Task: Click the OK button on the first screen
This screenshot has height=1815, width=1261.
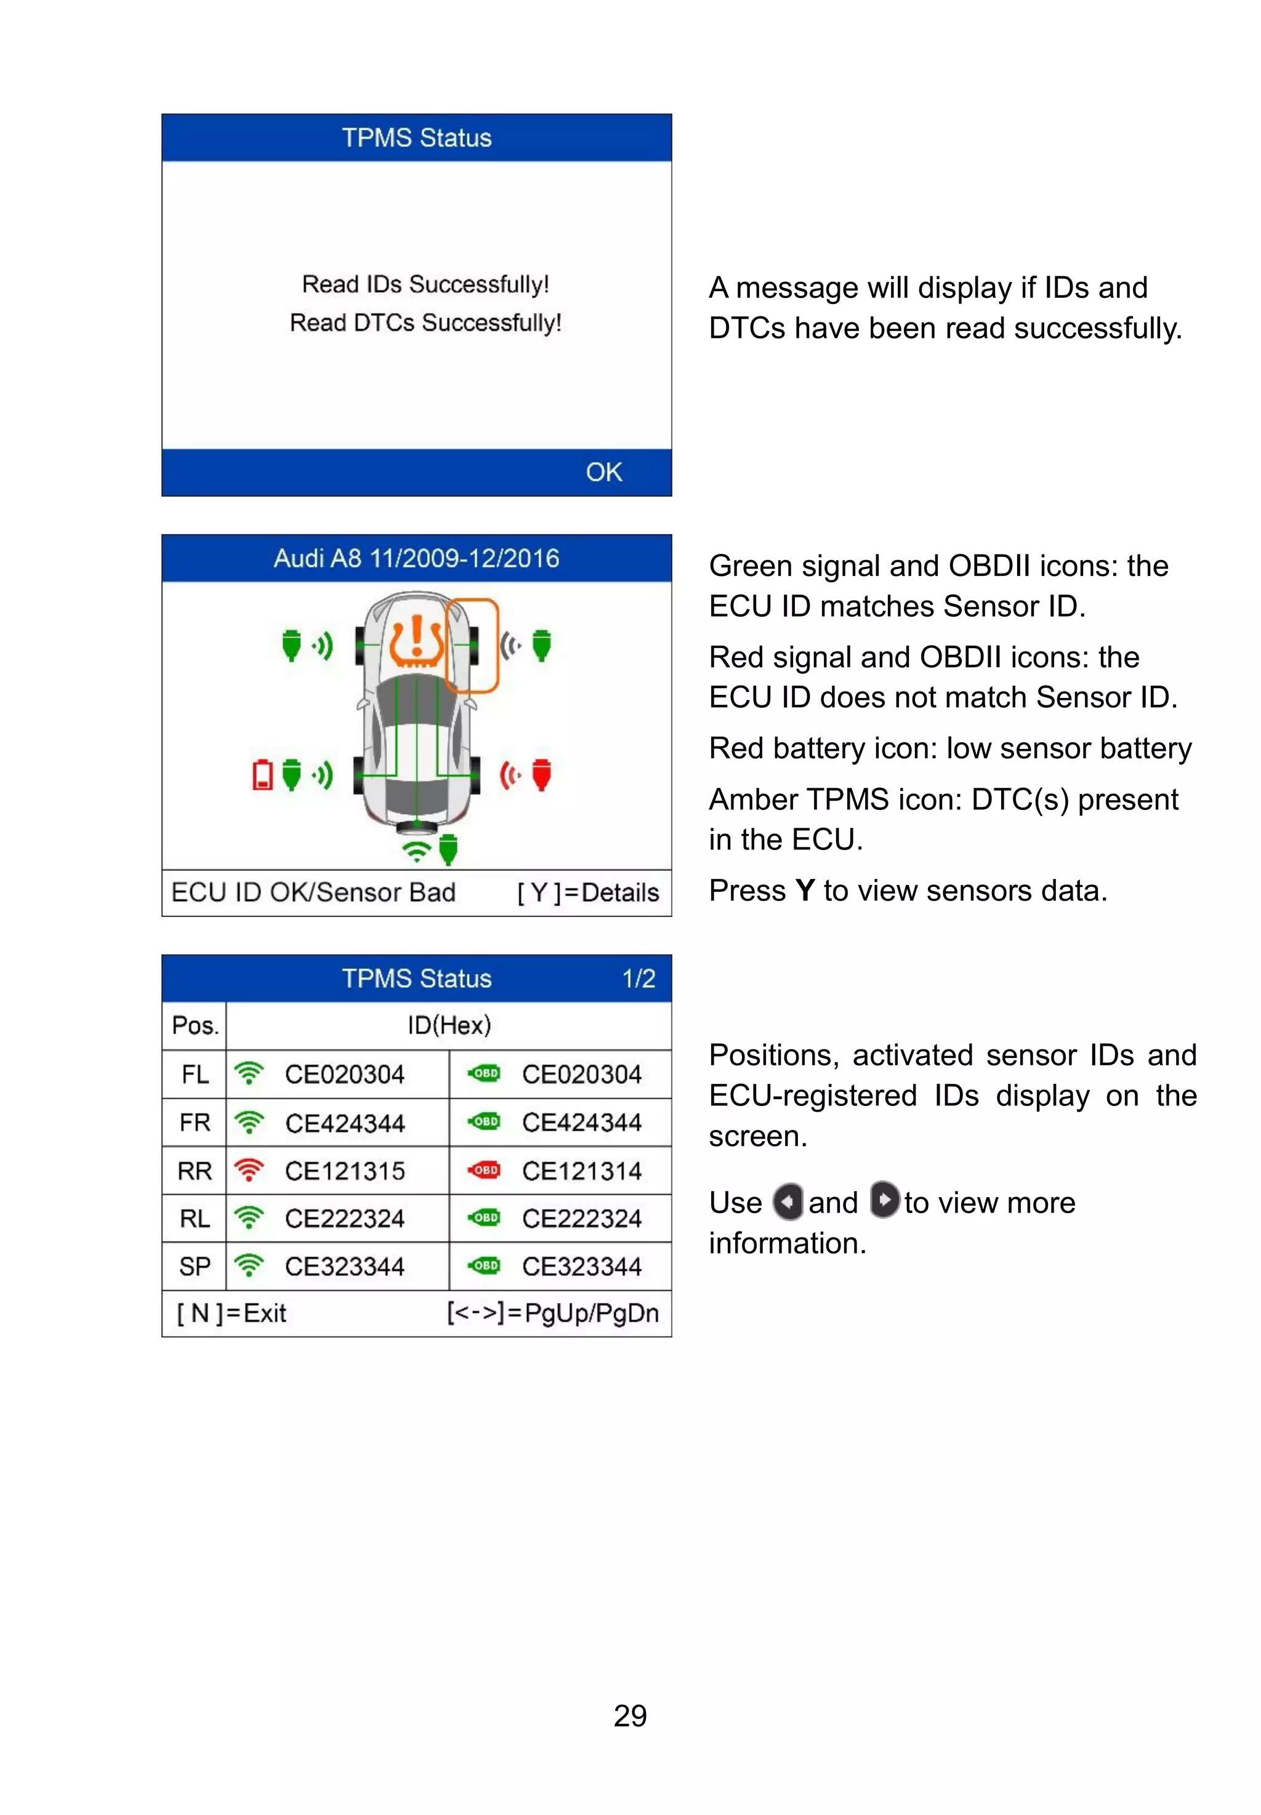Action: (603, 472)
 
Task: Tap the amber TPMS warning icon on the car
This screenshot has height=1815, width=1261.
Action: (416, 641)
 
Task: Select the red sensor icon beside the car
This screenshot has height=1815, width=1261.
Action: (541, 774)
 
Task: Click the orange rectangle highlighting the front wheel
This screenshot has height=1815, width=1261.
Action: (472, 645)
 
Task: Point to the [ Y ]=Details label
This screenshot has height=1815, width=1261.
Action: (588, 892)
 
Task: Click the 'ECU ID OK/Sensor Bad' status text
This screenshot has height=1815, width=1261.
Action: (313, 892)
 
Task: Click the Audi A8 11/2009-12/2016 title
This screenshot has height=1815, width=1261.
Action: (416, 558)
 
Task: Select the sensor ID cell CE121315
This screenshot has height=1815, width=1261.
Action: (344, 1171)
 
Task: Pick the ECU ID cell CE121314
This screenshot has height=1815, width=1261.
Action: (581, 1171)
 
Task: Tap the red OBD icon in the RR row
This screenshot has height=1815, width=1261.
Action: (485, 1170)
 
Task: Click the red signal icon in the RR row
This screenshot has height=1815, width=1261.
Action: (249, 1170)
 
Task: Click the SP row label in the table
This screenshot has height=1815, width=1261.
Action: (195, 1266)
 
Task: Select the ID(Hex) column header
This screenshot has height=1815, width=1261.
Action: (449, 1025)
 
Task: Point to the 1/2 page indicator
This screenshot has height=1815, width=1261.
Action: (639, 979)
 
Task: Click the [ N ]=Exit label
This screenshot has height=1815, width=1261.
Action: (232, 1313)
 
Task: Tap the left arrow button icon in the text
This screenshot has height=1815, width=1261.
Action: (788, 1202)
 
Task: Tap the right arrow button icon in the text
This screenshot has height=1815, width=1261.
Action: (884, 1201)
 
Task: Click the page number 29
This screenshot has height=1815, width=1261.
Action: (630, 1715)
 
